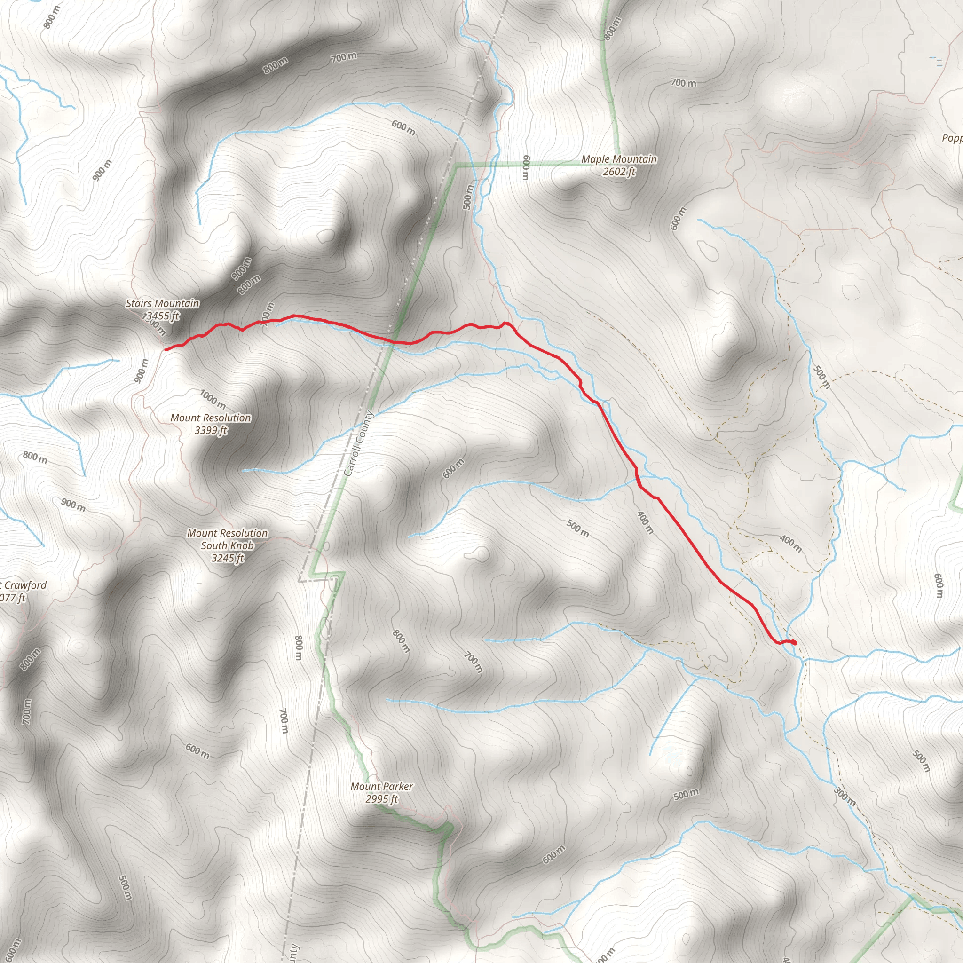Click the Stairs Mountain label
click(162, 303)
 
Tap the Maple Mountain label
click(619, 159)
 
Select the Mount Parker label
click(382, 786)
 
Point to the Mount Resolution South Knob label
click(227, 539)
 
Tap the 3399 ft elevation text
click(211, 430)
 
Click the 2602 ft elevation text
click(619, 172)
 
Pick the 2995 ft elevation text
click(382, 799)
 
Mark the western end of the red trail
click(166, 349)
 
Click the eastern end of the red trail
click(795, 643)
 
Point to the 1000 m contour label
click(213, 399)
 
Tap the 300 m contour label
click(845, 796)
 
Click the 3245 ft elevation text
click(227, 558)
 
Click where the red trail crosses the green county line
click(394, 341)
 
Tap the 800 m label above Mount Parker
click(401, 641)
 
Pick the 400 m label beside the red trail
click(646, 522)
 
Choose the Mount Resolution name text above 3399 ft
click(211, 418)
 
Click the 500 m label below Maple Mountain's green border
click(467, 197)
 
